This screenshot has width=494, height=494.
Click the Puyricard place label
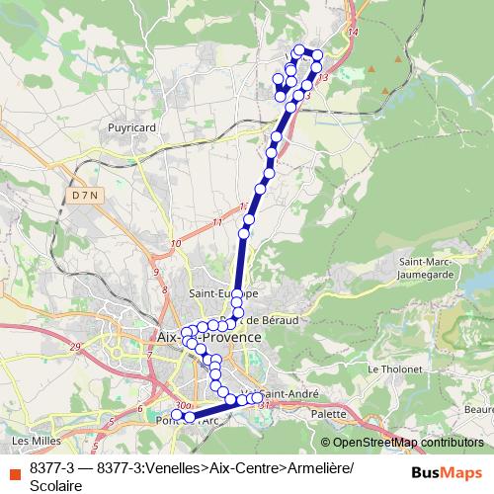coord(131,127)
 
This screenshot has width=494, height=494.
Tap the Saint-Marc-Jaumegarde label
coord(426,268)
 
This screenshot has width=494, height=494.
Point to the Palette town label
coord(329,414)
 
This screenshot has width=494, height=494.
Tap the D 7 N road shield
coord(86,196)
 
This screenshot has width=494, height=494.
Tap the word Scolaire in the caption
coord(56,484)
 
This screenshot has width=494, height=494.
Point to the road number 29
coord(76,347)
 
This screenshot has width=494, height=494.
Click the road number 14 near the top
coord(354,35)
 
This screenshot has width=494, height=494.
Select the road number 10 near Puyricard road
coord(175,243)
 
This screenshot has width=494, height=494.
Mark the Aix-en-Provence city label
coord(209,337)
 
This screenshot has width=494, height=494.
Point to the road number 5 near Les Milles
coord(112,422)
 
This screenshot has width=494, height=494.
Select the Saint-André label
coord(289,393)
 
